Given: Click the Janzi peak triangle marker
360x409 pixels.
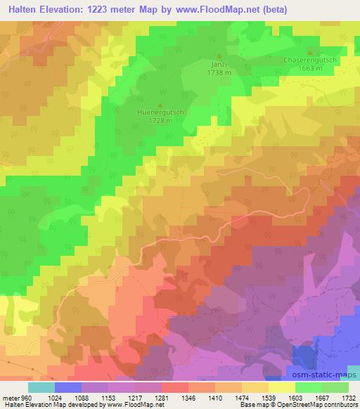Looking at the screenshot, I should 218,56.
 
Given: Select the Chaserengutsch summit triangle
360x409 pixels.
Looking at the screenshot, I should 310,53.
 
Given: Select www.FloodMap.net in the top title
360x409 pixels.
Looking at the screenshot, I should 228,9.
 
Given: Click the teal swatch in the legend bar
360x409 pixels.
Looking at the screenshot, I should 41,387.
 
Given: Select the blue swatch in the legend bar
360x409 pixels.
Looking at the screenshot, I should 68,387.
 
